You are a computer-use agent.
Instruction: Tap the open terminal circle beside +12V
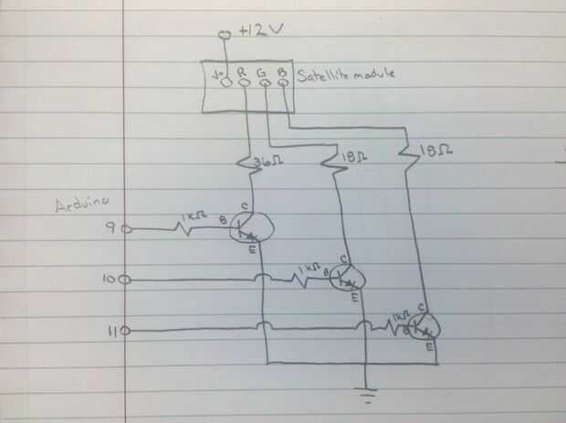pyautogui.click(x=223, y=36)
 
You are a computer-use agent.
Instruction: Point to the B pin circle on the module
pyautogui.click(x=283, y=83)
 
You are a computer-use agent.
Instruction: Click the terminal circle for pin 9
pyautogui.click(x=126, y=229)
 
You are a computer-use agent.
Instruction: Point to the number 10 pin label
pyautogui.click(x=109, y=280)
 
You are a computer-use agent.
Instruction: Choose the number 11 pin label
pyautogui.click(x=110, y=330)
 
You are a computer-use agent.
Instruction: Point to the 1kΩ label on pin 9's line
pyautogui.click(x=193, y=218)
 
